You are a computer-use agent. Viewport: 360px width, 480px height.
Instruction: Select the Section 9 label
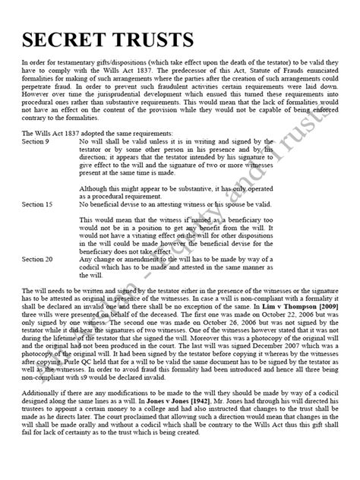tap(36, 141)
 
